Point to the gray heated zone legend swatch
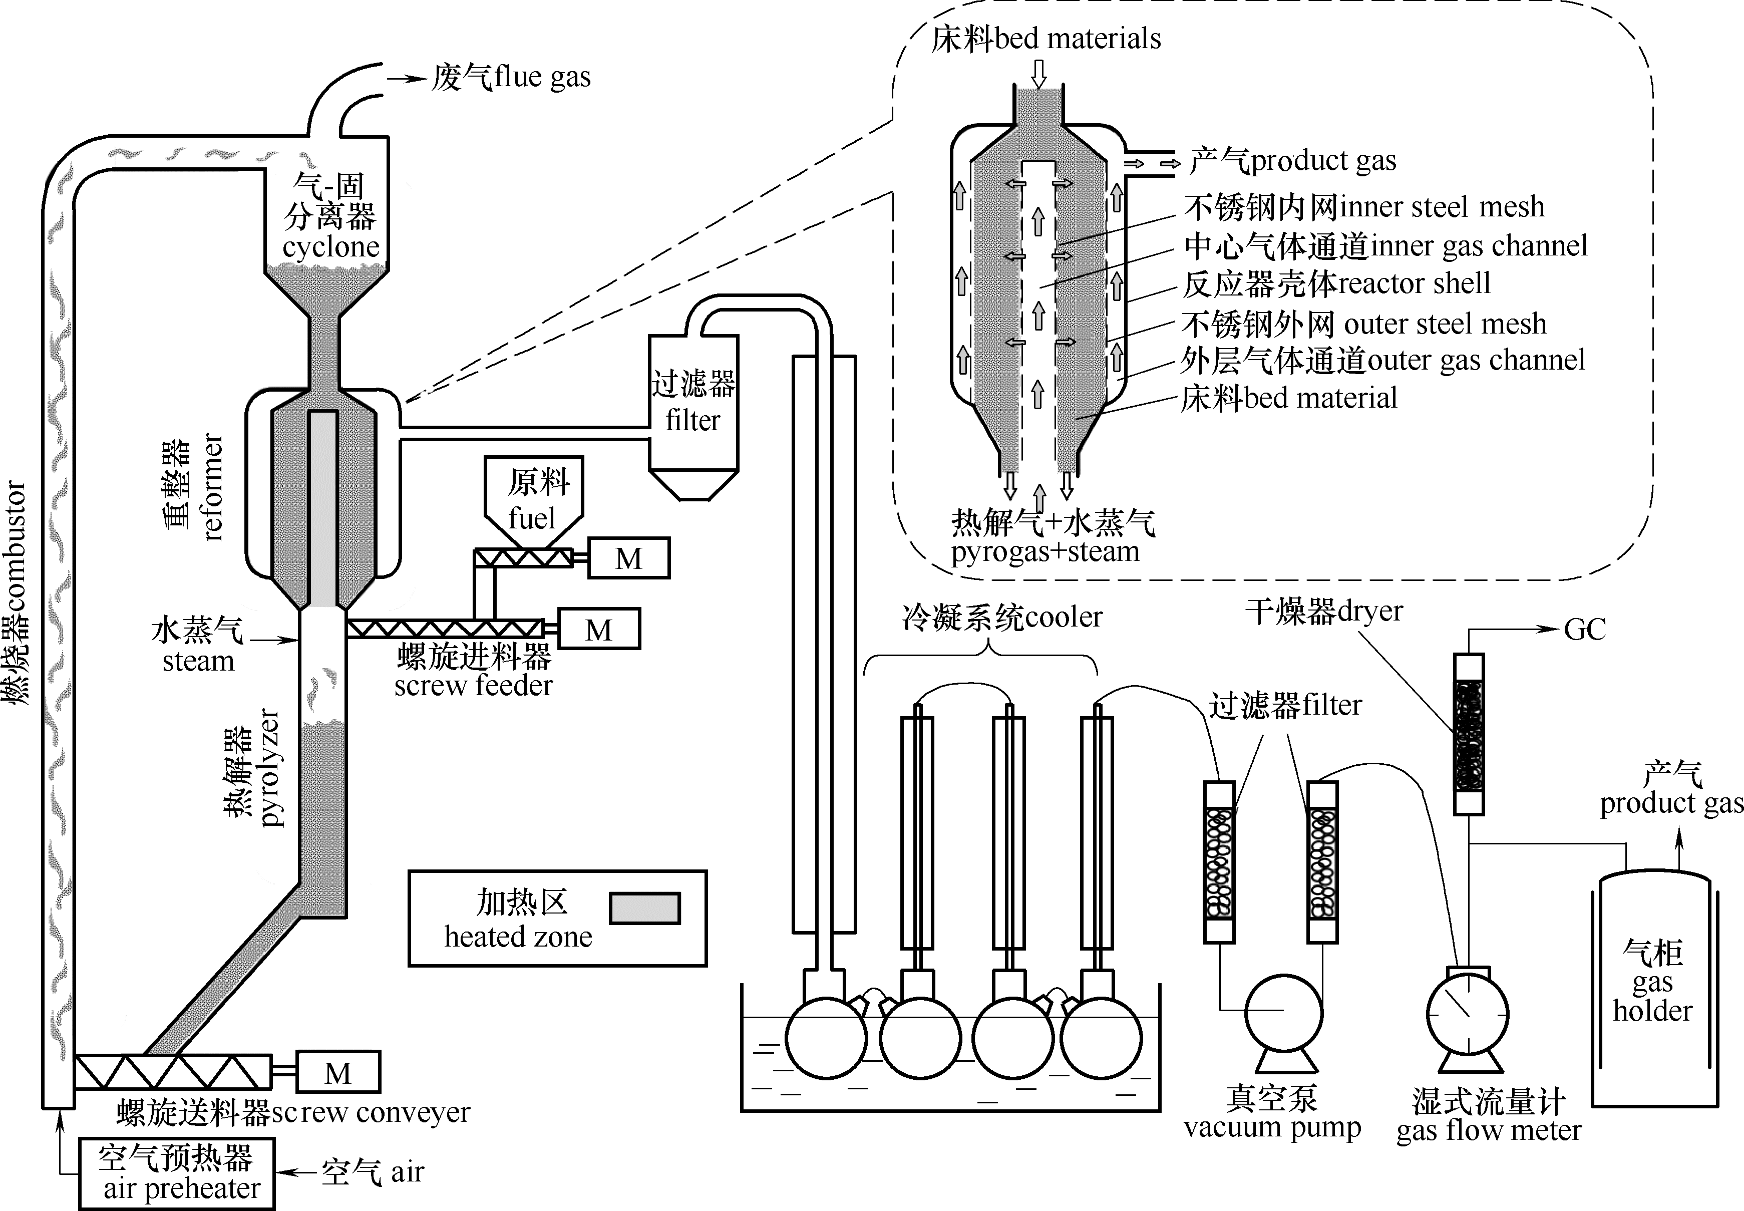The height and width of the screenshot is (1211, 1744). [x=645, y=909]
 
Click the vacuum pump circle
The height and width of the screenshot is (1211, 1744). [x=1283, y=1014]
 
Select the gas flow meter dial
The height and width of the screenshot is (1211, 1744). [x=1467, y=1014]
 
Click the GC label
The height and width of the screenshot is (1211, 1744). [x=1585, y=630]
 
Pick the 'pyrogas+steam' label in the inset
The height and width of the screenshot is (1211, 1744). [x=1045, y=551]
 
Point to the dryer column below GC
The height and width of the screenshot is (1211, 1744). [x=1469, y=734]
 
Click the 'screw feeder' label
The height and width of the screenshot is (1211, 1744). [x=473, y=685]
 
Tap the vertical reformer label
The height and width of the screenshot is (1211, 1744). [x=213, y=487]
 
